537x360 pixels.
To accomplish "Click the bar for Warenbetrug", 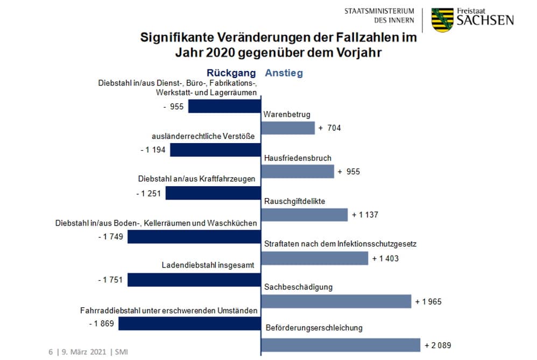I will pyautogui.click(x=288, y=128).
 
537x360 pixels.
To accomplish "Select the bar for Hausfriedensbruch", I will pyautogui.click(x=298, y=172).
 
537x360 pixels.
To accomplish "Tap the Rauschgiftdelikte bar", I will pyautogui.click(x=305, y=215).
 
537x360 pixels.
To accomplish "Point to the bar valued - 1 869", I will pyautogui.click(x=189, y=323).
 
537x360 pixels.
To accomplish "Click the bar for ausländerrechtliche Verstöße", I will pyautogui.click(x=215, y=150).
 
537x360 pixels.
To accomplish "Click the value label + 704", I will pyautogui.click(x=330, y=128).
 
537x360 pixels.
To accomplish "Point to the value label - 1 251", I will pyautogui.click(x=149, y=193).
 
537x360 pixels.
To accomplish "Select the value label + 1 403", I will pyautogui.click(x=385, y=258).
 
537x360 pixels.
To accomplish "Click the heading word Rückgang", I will pyautogui.click(x=232, y=73).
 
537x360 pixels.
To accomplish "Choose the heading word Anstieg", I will pyautogui.click(x=284, y=73).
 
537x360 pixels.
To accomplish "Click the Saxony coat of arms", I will pyautogui.click(x=442, y=20).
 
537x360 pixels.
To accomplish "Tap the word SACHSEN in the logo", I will pyautogui.click(x=485, y=20).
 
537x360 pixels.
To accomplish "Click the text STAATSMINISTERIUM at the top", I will pyautogui.click(x=379, y=11).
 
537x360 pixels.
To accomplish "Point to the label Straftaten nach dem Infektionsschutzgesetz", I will pyautogui.click(x=341, y=244).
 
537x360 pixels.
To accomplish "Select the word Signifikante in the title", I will pyautogui.click(x=175, y=39).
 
